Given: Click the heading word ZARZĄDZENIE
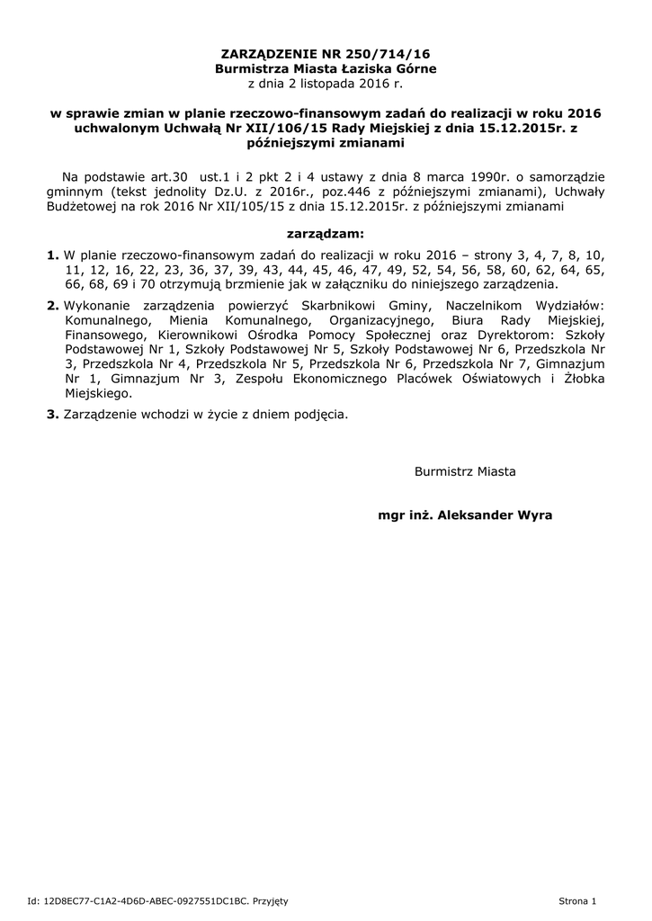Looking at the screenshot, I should pos(266,54).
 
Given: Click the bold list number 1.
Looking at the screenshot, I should pos(52,255).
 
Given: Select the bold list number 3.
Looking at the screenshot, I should pos(52,415).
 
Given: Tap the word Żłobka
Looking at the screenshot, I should pos(582,379).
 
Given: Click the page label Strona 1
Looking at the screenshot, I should pos(577,900).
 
